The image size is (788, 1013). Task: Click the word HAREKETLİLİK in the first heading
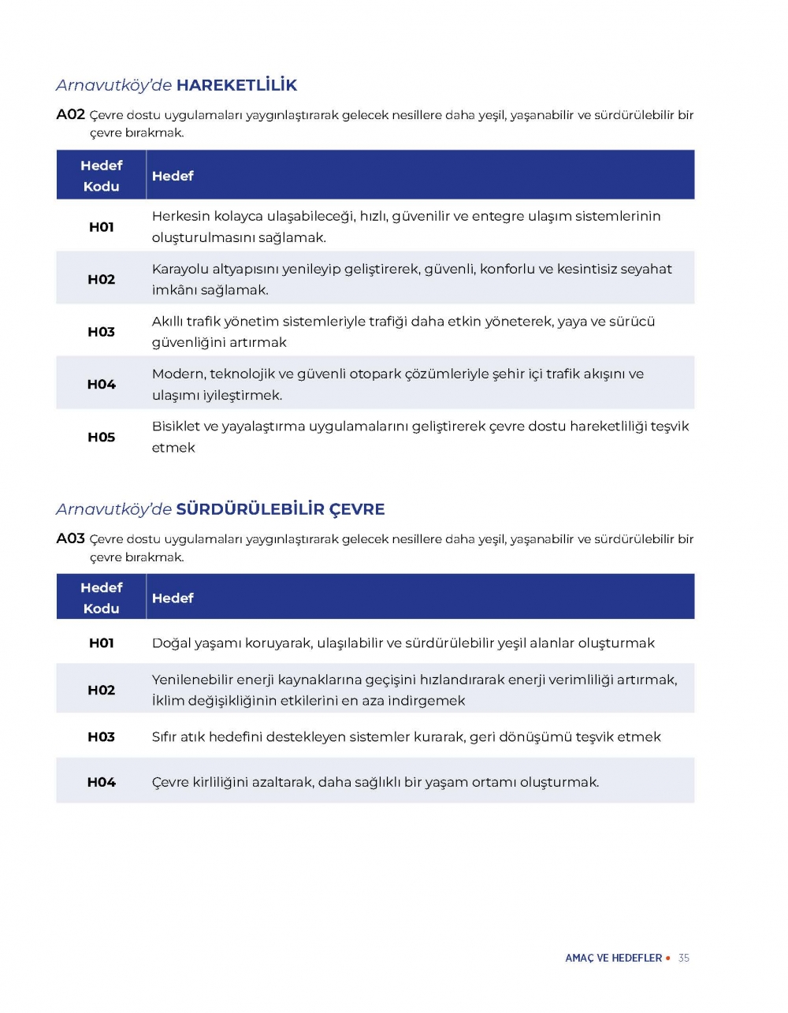tap(236, 85)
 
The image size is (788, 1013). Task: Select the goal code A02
tap(70, 114)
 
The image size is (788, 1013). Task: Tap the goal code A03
tap(70, 538)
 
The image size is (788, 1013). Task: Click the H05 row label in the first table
tap(101, 437)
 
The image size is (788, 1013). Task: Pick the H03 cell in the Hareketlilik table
tap(101, 332)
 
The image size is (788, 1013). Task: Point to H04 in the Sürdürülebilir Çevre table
tap(101, 782)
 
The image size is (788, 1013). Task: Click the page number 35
tap(683, 958)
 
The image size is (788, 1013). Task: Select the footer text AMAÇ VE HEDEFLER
tap(613, 958)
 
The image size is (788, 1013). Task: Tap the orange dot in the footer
tap(668, 958)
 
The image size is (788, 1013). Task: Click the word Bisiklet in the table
tap(176, 426)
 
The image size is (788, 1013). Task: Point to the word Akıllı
tap(167, 322)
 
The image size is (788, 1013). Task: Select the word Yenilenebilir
tap(191, 680)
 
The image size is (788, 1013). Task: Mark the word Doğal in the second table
tap(171, 643)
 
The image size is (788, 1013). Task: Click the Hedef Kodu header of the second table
tap(101, 598)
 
